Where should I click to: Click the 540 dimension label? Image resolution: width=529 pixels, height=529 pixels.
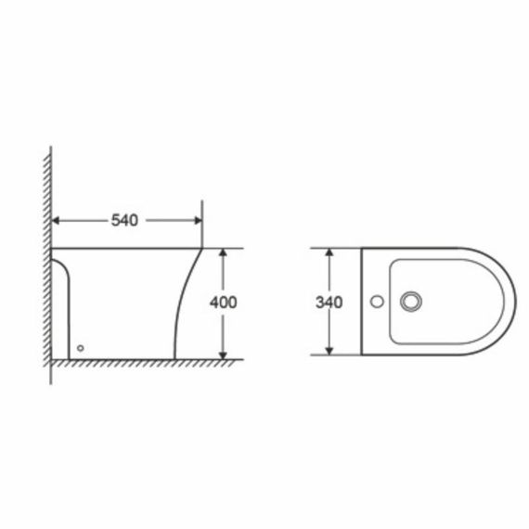click(x=124, y=220)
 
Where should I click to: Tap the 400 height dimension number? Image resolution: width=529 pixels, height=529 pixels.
click(x=224, y=302)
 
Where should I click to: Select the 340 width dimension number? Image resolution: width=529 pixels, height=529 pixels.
click(x=329, y=302)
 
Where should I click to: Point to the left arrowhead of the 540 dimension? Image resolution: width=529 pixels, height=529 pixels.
click(x=56, y=220)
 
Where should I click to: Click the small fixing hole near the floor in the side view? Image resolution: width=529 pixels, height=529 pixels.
click(x=81, y=348)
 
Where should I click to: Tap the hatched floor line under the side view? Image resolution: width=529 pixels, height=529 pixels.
click(x=139, y=363)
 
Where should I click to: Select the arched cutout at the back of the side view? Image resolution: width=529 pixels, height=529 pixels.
click(x=62, y=278)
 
